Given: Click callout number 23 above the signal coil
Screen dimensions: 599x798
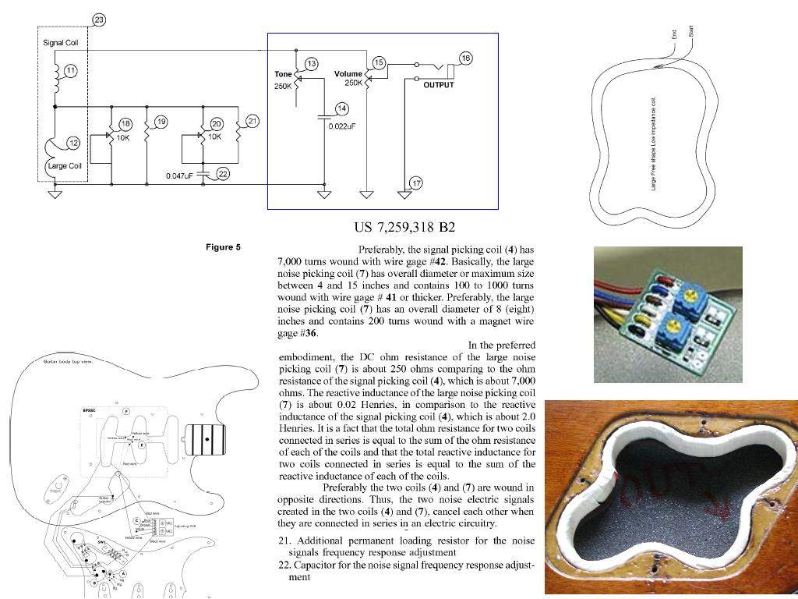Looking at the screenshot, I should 99,19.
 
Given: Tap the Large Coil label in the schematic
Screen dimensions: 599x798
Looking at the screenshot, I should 65,165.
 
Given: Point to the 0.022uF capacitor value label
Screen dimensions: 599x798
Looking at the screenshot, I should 342,126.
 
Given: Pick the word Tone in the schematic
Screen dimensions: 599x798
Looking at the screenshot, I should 283,74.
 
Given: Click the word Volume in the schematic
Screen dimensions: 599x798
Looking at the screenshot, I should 348,74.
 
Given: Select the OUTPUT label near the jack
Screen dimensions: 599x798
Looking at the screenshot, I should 438,85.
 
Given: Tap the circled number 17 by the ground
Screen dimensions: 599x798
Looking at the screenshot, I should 416,183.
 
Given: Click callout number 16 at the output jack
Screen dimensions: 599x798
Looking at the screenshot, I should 465,58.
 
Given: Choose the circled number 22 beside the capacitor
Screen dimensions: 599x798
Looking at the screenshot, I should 223,173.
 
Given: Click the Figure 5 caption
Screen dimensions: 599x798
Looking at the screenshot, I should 223,247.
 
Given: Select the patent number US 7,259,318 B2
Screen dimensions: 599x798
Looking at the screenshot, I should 404,228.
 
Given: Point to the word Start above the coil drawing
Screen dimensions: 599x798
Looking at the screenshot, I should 690,31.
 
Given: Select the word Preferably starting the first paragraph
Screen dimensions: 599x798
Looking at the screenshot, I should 386,250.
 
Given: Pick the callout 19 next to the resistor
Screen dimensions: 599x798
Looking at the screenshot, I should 161,122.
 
